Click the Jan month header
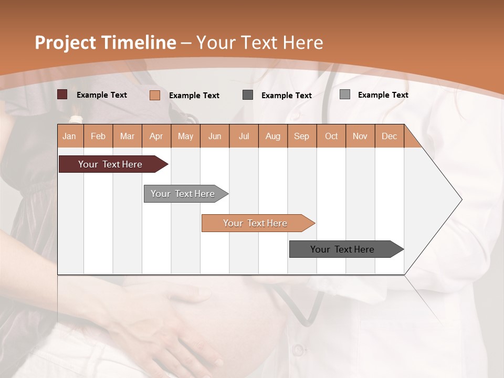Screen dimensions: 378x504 click(69, 136)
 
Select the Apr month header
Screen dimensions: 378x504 click(156, 136)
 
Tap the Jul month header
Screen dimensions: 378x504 click(244, 136)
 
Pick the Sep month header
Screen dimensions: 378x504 click(301, 136)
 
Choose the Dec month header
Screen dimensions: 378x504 click(389, 136)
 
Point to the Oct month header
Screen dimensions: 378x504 click(331, 136)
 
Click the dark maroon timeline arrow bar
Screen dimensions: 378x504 click(111, 164)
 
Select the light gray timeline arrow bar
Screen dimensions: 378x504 click(183, 194)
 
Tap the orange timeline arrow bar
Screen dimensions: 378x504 click(255, 223)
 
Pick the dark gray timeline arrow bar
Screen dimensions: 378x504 click(343, 249)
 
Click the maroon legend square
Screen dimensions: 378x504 click(62, 94)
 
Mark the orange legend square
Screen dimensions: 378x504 click(155, 95)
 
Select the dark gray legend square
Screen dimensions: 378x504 click(248, 95)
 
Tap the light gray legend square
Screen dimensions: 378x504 click(345, 94)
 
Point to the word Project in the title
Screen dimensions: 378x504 click(65, 43)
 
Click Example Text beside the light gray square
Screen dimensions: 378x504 click(383, 94)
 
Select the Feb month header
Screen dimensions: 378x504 click(98, 136)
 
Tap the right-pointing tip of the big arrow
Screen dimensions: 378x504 click(460, 199)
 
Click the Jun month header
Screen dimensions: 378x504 click(215, 136)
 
